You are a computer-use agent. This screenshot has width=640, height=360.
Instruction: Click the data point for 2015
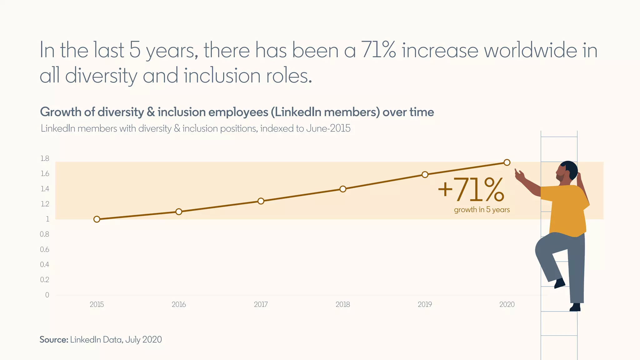click(x=97, y=219)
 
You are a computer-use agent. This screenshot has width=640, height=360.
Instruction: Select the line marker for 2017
click(x=261, y=201)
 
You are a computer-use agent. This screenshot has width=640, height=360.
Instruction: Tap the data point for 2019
click(x=425, y=174)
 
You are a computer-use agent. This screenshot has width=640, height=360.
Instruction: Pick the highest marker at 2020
click(x=507, y=162)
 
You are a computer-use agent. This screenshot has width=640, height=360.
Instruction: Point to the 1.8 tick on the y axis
click(x=45, y=159)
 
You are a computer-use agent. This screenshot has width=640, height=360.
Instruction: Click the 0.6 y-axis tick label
click(x=45, y=250)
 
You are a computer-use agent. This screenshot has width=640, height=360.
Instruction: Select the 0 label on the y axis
click(x=47, y=295)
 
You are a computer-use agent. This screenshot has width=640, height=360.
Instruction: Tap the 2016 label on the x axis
click(x=179, y=305)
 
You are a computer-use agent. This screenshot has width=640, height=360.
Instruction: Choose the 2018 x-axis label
click(x=343, y=305)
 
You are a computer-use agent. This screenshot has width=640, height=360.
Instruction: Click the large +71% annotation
click(x=471, y=190)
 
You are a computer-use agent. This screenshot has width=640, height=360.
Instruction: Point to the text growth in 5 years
click(x=482, y=210)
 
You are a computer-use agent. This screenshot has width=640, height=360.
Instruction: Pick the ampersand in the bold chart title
click(x=151, y=112)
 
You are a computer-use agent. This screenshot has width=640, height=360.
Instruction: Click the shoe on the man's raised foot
click(x=559, y=284)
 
